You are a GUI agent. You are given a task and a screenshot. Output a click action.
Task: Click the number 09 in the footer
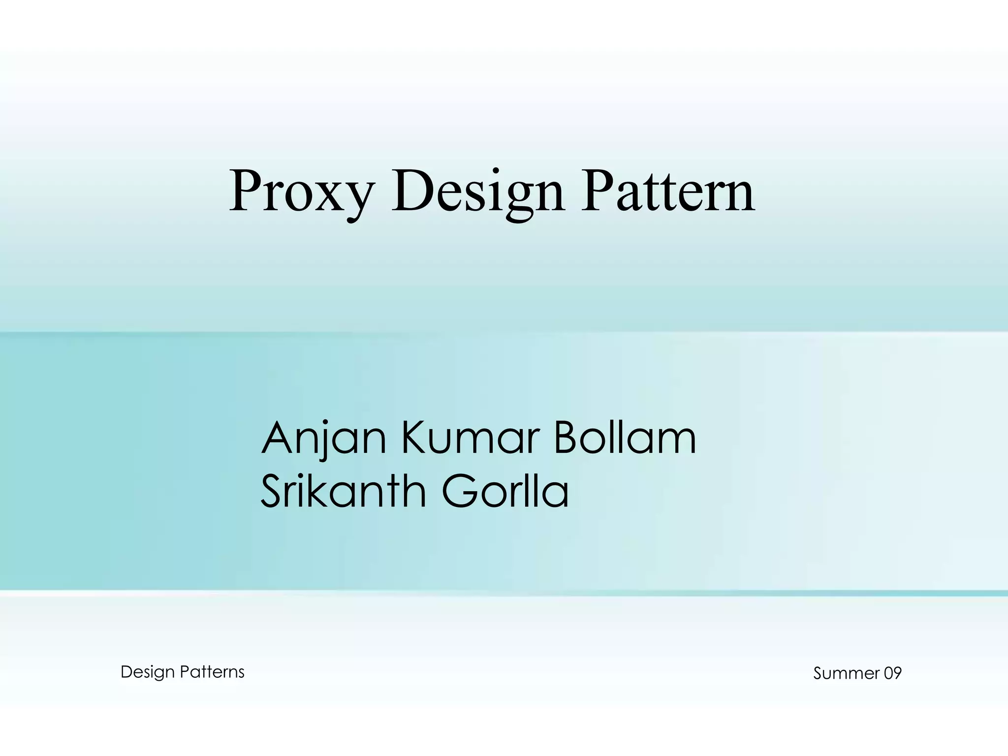pyautogui.click(x=892, y=673)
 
